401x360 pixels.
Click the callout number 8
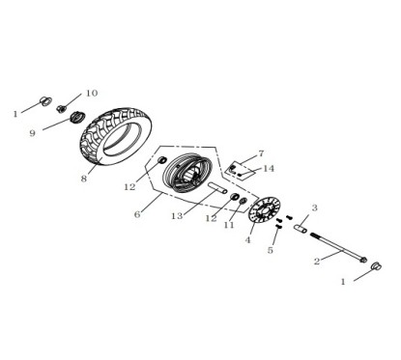tap(84, 179)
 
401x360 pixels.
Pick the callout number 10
tap(92, 94)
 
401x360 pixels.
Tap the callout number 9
tap(32, 133)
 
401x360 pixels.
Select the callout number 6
tap(137, 214)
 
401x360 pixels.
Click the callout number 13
tap(177, 216)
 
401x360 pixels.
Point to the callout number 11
tap(229, 226)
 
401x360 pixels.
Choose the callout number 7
tap(260, 153)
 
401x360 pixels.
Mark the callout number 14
tap(269, 169)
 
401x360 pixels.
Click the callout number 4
tap(248, 240)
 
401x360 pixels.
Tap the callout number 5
tap(271, 251)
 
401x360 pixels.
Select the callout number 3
tap(314, 208)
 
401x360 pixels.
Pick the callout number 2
tap(316, 261)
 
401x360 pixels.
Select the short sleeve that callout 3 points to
tap(301, 229)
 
